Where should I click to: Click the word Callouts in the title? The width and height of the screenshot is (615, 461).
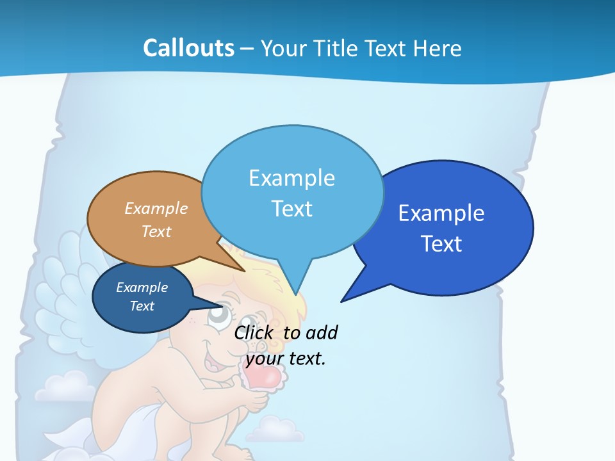pyautogui.click(x=189, y=48)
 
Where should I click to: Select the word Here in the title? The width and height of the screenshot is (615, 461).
pyautogui.click(x=439, y=48)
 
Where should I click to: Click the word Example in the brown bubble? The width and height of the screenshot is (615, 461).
pyautogui.click(x=156, y=208)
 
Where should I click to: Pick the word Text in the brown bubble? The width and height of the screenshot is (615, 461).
pyautogui.click(x=156, y=231)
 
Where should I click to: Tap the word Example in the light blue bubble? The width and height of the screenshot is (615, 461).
pyautogui.click(x=291, y=178)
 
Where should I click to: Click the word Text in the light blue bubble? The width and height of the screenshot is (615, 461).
pyautogui.click(x=291, y=209)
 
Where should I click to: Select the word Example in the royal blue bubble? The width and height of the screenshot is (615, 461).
pyautogui.click(x=441, y=213)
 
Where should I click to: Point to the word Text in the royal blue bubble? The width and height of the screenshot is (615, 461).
pyautogui.click(x=441, y=244)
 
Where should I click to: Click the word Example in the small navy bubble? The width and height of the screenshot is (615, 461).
pyautogui.click(x=142, y=287)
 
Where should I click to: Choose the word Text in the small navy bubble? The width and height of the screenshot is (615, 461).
pyautogui.click(x=142, y=306)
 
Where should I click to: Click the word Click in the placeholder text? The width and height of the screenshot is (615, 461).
pyautogui.click(x=254, y=332)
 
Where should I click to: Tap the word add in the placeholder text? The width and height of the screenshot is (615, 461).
pyautogui.click(x=321, y=332)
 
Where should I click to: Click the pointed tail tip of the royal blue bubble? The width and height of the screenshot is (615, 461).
pyautogui.click(x=342, y=300)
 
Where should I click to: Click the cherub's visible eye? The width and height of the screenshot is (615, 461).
pyautogui.click(x=217, y=314)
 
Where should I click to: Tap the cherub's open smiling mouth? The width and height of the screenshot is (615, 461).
pyautogui.click(x=213, y=362)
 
